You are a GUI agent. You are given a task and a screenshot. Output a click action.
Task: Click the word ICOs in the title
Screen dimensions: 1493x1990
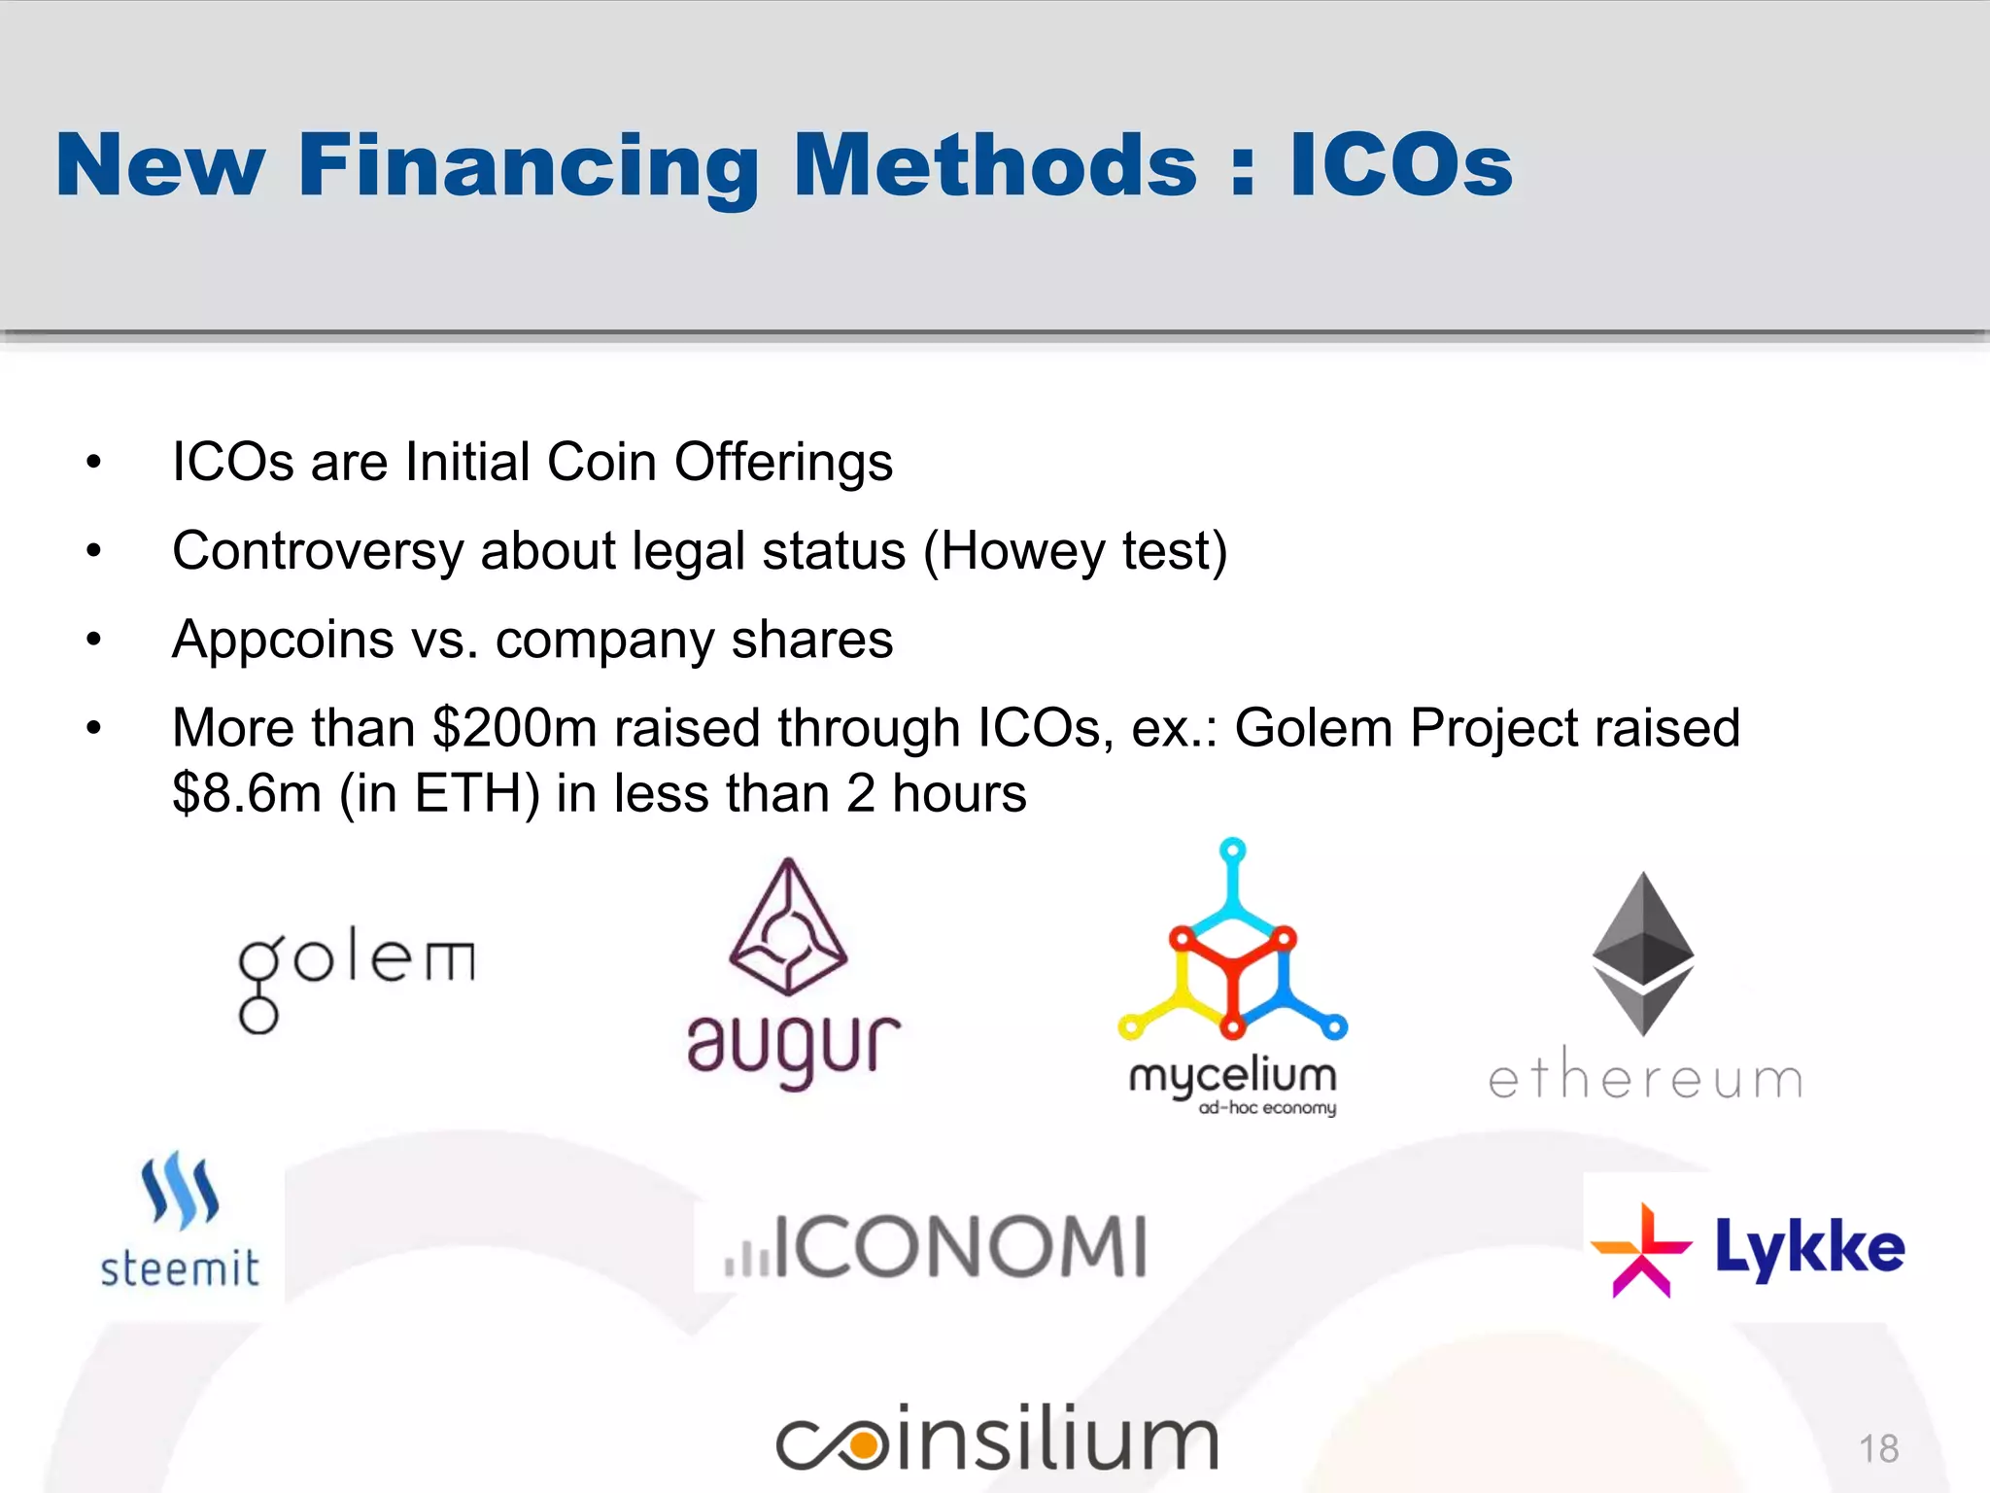point(1400,165)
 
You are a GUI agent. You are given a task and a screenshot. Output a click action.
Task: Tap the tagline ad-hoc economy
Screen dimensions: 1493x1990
point(1267,1108)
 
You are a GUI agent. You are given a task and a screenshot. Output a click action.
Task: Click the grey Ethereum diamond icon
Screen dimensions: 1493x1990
point(1642,954)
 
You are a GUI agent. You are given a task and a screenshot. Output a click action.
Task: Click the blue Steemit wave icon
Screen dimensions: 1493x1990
point(180,1190)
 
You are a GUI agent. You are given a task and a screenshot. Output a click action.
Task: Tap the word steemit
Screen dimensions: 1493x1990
point(180,1268)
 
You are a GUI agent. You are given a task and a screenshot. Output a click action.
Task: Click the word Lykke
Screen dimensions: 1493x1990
point(1809,1248)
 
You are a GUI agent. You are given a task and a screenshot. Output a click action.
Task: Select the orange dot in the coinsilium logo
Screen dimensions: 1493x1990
point(862,1446)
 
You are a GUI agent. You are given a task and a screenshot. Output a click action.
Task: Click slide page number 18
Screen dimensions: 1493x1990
point(1878,1448)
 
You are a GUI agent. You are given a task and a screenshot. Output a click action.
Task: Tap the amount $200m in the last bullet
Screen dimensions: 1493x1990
point(514,728)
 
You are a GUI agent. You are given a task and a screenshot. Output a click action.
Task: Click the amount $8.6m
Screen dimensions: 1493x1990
point(247,793)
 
